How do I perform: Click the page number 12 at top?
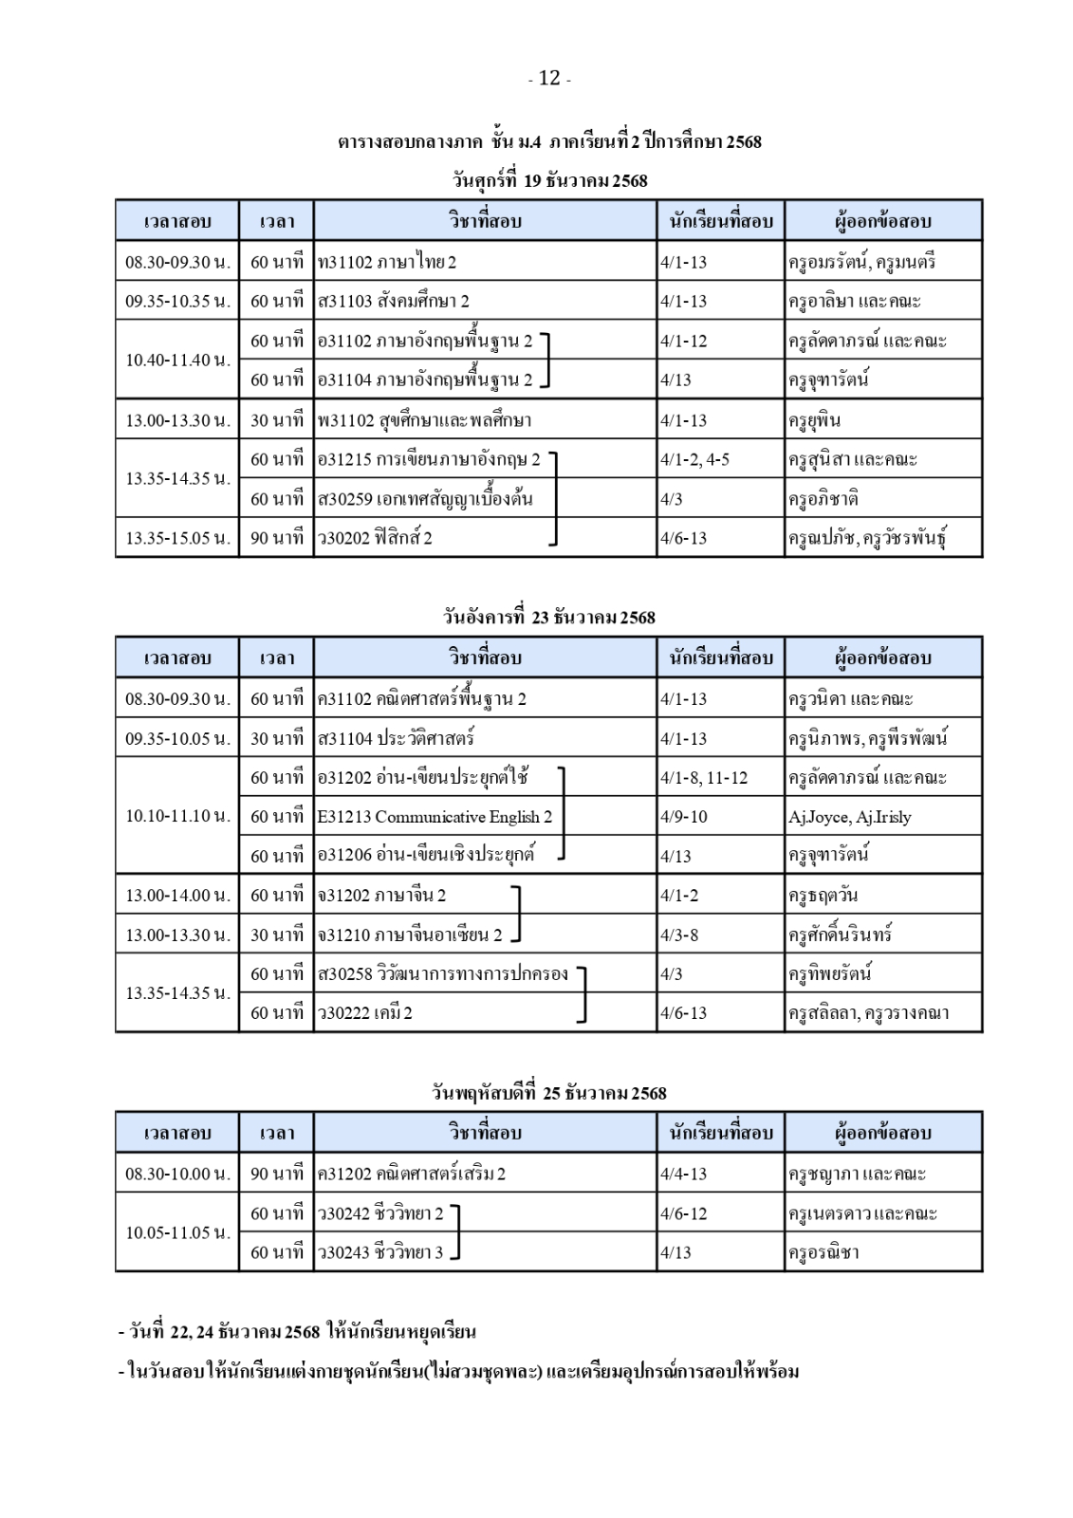pyautogui.click(x=549, y=79)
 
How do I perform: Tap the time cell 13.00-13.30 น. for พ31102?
pyautogui.click(x=177, y=420)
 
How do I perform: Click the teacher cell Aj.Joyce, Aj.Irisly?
pyautogui.click(x=849, y=817)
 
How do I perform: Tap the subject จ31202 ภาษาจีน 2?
pyautogui.click(x=382, y=896)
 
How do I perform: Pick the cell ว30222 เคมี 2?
pyautogui.click(x=365, y=1013)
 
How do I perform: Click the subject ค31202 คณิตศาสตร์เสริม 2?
pyautogui.click(x=412, y=1175)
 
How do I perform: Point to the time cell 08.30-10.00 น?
pyautogui.click(x=177, y=1175)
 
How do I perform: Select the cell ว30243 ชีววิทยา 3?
pyautogui.click(x=380, y=1253)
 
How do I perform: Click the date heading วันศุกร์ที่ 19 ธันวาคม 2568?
pyautogui.click(x=549, y=180)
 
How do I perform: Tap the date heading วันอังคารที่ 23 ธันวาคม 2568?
pyautogui.click(x=549, y=618)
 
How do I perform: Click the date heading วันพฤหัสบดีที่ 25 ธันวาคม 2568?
pyautogui.click(x=549, y=1093)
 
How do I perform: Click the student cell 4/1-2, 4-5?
pyautogui.click(x=695, y=460)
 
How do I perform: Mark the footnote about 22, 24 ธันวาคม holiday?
pyautogui.click(x=297, y=1332)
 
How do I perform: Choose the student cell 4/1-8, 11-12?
pyautogui.click(x=704, y=778)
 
